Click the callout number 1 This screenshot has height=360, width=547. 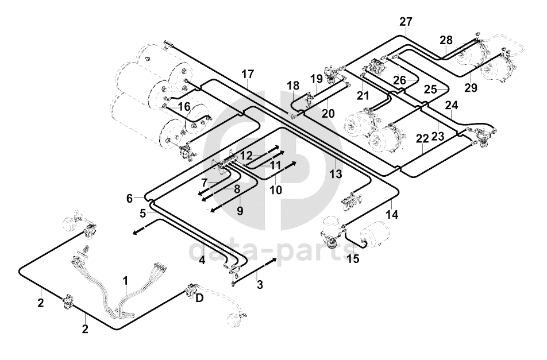[x=126, y=281]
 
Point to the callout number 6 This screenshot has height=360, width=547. [x=130, y=199]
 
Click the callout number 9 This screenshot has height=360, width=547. [x=240, y=211]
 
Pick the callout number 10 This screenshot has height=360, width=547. [x=276, y=189]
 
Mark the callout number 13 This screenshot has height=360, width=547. [x=336, y=173]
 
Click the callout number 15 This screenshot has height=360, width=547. [x=353, y=258]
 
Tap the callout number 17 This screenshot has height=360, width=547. [x=247, y=74]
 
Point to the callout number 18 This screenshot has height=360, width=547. [x=293, y=86]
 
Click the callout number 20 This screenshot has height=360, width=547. [x=328, y=114]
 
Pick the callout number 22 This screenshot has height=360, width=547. [x=422, y=140]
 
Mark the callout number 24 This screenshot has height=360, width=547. [x=451, y=106]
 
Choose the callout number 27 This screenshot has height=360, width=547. [x=406, y=22]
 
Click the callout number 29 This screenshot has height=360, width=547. [x=471, y=87]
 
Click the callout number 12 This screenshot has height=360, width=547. [x=246, y=156]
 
